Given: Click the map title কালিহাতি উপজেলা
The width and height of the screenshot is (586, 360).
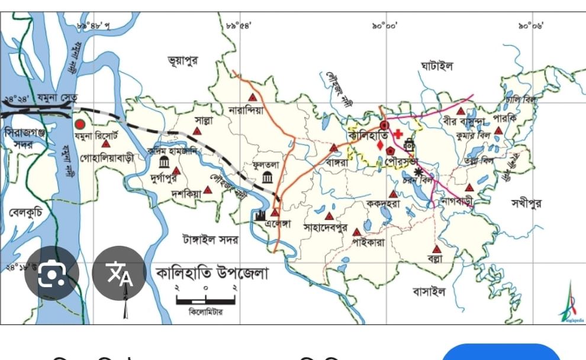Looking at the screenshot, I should (212, 274).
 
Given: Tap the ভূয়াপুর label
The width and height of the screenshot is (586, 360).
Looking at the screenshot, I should (183, 60).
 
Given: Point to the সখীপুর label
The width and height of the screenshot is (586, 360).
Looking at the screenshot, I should (526, 203).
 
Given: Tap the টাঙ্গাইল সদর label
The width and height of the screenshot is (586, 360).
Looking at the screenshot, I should (210, 240).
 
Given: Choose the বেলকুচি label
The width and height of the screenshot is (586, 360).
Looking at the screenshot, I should (25, 211).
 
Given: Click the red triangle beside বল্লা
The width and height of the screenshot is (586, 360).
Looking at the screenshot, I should (437, 249).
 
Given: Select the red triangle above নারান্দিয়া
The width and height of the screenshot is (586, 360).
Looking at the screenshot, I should (253, 97).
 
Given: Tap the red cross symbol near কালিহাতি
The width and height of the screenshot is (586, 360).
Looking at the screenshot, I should (398, 134).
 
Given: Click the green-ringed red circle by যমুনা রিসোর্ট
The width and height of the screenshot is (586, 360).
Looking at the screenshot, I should (80, 124).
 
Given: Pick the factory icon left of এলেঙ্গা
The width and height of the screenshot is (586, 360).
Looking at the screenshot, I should (260, 215).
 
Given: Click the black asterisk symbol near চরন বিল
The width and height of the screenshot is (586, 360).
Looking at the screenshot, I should (420, 172).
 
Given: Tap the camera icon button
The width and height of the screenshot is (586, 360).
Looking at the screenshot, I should (51, 273).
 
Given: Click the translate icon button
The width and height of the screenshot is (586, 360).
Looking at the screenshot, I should (119, 273).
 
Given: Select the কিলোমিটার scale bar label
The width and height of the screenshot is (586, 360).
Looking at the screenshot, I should (206, 311).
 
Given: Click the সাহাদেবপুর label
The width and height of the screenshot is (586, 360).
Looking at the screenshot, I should (325, 227).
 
